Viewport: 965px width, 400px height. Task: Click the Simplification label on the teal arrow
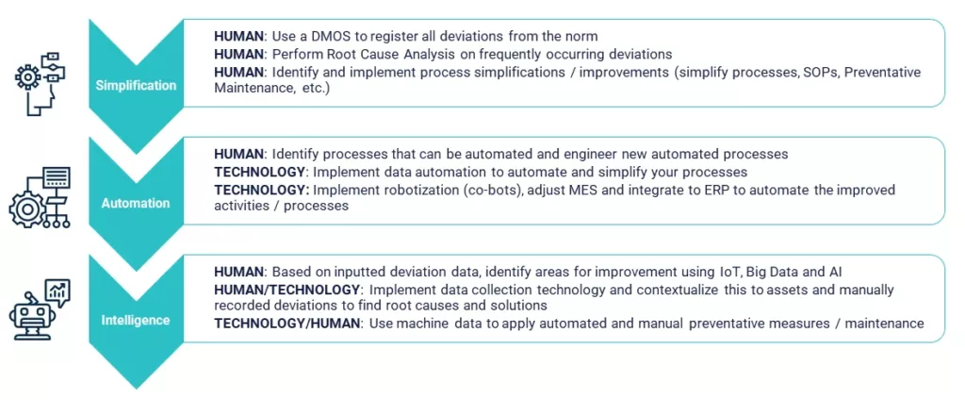click(x=136, y=86)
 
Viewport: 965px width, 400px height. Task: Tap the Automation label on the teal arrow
click(x=136, y=203)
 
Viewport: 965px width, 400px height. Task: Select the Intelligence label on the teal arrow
click(x=136, y=320)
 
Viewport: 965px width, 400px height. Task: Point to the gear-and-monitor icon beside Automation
click(x=40, y=197)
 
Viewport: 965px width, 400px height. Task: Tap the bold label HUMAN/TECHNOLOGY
click(x=286, y=289)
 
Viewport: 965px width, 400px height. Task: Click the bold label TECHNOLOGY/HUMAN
click(x=286, y=323)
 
